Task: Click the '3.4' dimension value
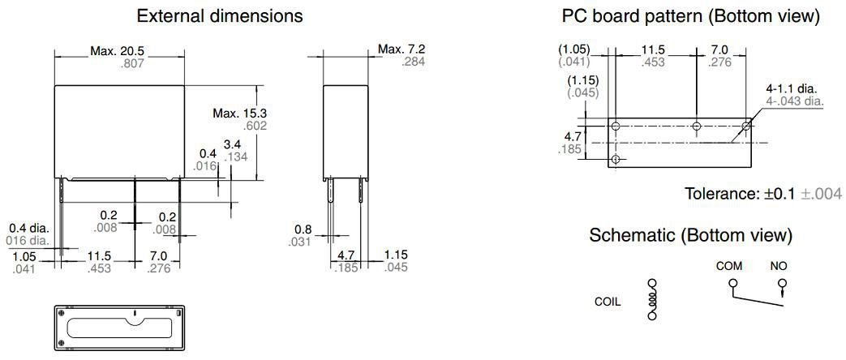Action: [233, 144]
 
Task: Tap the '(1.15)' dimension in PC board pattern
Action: [583, 80]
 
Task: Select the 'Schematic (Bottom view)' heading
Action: [689, 235]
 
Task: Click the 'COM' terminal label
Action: [729, 266]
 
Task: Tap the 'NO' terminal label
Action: [779, 266]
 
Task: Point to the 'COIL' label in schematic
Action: [608, 301]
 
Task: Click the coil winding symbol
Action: [651, 301]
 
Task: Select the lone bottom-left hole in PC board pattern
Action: [616, 160]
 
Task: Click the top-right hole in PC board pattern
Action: [747, 126]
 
